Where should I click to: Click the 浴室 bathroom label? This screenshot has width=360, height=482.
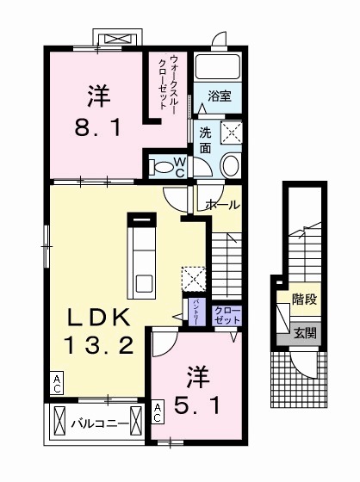click(x=220, y=97)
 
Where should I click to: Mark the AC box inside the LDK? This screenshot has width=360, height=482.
click(x=57, y=381)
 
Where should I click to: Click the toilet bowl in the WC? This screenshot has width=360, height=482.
click(x=161, y=165)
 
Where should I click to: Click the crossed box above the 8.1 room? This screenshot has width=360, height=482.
click(x=117, y=40)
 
